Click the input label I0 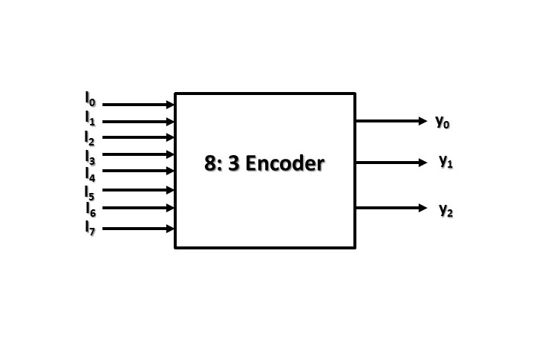point(90,99)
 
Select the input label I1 point(90,117)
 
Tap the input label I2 point(90,137)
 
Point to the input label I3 point(90,157)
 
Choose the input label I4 point(90,174)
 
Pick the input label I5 point(90,193)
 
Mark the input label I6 point(90,210)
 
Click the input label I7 point(90,228)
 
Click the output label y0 point(443,122)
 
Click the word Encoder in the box point(284,163)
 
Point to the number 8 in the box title point(210,163)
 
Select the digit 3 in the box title point(232,163)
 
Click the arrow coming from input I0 point(138,105)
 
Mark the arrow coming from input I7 point(138,229)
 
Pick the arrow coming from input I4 point(138,171)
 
